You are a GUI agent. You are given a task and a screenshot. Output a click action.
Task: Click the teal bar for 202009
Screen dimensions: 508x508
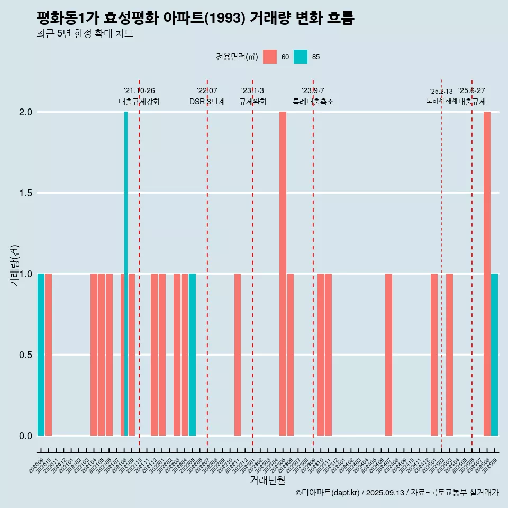(x=41, y=355)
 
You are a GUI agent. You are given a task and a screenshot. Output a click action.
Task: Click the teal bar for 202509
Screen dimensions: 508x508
(x=494, y=355)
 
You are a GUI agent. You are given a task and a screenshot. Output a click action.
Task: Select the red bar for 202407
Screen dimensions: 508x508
(x=388, y=355)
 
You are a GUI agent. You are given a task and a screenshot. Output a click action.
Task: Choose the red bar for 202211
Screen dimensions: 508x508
(x=238, y=355)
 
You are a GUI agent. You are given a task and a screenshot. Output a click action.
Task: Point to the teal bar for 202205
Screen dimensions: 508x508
(x=192, y=355)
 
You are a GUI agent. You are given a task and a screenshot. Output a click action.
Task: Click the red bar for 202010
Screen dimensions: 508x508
(x=48, y=355)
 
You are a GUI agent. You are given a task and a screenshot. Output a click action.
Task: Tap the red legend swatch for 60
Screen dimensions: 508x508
(x=270, y=57)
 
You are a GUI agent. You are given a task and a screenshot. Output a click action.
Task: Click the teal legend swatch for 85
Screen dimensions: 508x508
(x=301, y=57)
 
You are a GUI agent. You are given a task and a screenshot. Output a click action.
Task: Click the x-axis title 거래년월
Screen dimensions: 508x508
(x=267, y=480)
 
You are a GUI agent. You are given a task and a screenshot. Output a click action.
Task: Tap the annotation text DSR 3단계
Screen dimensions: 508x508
(x=207, y=102)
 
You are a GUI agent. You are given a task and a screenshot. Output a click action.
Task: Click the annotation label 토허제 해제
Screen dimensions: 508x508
(x=441, y=101)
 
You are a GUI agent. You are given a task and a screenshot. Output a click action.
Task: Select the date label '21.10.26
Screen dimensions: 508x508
(x=139, y=91)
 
